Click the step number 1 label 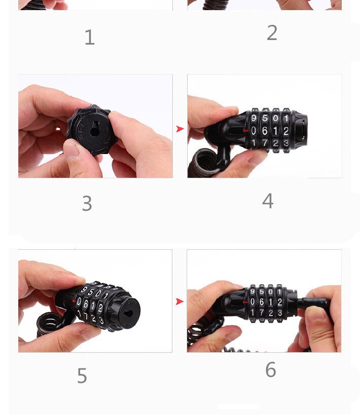[89, 37]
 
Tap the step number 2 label [272, 33]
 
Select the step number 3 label [87, 204]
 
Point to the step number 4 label [268, 201]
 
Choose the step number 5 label [82, 376]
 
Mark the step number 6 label [271, 370]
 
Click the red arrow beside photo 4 [179, 129]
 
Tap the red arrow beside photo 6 [179, 301]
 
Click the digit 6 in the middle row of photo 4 [264, 131]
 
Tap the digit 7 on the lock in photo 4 [264, 143]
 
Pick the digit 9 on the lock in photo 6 [253, 292]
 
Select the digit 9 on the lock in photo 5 [83, 291]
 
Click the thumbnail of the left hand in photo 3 [71, 148]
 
